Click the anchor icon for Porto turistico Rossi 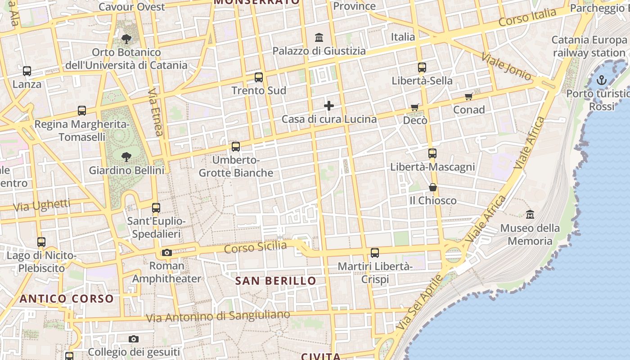(x=602, y=80)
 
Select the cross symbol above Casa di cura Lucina (x=329, y=106)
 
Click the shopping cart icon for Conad (x=469, y=96)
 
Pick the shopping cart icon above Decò (x=415, y=107)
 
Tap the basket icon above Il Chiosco (x=433, y=187)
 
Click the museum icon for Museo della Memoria (x=530, y=214)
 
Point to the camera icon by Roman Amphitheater (x=167, y=252)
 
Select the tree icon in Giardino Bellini (x=126, y=157)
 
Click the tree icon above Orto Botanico (x=126, y=39)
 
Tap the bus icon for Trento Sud (x=259, y=77)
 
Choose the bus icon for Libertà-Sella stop (x=422, y=67)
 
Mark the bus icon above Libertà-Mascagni (x=432, y=153)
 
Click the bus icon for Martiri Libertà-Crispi (x=375, y=253)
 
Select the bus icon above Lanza (x=27, y=71)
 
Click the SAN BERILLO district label (x=276, y=281)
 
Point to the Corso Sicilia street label (x=255, y=247)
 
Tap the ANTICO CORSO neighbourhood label (x=67, y=298)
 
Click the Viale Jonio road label (x=506, y=66)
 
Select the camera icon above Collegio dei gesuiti (x=134, y=339)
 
